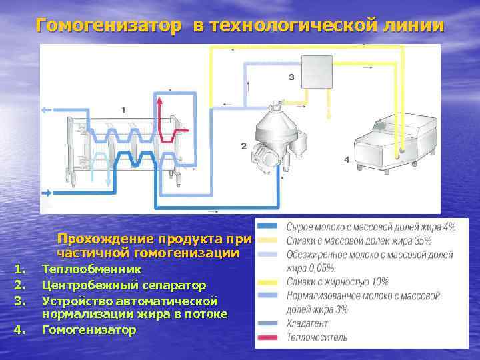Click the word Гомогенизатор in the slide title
click(x=108, y=26)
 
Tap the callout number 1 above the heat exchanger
click(x=123, y=109)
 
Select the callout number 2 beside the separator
click(x=243, y=146)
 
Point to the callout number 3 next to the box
click(x=291, y=77)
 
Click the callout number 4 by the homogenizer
click(x=346, y=159)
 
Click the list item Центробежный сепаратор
click(x=123, y=285)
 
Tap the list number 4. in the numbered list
click(x=20, y=329)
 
